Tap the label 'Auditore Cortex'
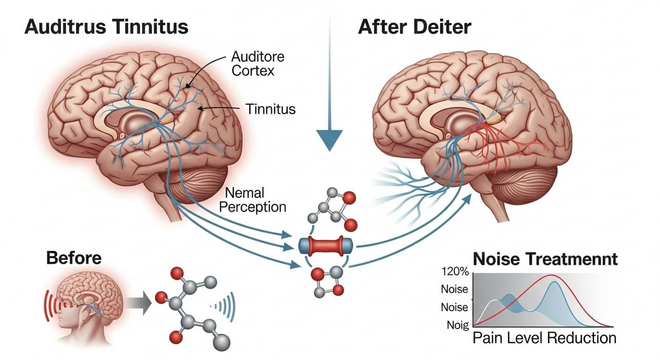point(257,64)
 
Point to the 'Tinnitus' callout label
point(270,109)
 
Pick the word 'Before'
point(73,258)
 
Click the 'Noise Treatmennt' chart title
point(545,259)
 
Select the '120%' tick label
point(454,271)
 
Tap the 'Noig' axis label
point(455,324)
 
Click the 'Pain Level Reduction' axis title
point(544,338)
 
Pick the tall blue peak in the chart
point(555,283)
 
